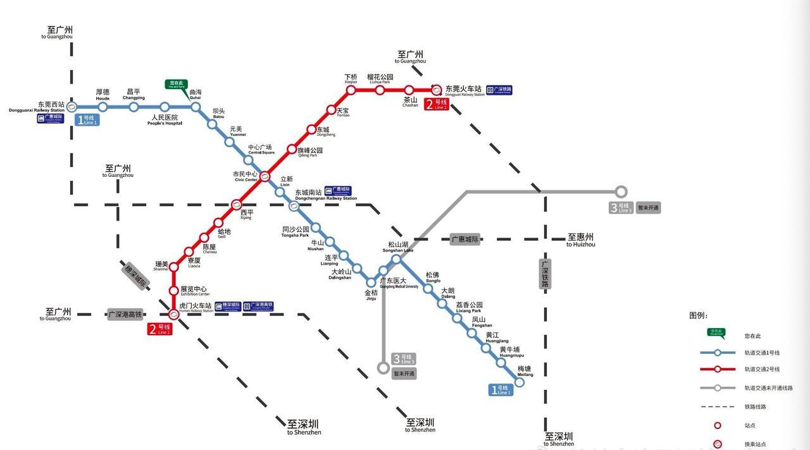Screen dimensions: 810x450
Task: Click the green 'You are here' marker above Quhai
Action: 177,84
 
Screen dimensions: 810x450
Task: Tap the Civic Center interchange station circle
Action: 265,176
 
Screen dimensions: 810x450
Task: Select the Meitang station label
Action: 525,371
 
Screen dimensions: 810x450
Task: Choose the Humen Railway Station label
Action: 196,308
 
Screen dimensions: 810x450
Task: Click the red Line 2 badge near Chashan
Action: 436,104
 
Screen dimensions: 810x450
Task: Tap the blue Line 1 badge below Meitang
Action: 500,390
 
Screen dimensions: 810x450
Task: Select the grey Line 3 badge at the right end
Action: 621,207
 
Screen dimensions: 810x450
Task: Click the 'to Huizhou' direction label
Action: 580,240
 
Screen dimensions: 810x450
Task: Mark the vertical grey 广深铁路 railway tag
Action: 545,274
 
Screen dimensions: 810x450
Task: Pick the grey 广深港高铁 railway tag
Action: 125,314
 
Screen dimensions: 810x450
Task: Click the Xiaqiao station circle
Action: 351,90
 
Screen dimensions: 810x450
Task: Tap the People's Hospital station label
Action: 165,119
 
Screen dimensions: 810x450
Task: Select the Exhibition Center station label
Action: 194,291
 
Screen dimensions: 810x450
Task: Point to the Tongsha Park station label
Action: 296,231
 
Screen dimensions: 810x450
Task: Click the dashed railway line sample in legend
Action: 717,407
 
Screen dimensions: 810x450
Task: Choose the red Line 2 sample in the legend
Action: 717,369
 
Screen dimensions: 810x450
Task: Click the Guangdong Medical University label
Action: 399,283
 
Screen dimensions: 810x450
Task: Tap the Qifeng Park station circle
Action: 292,150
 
